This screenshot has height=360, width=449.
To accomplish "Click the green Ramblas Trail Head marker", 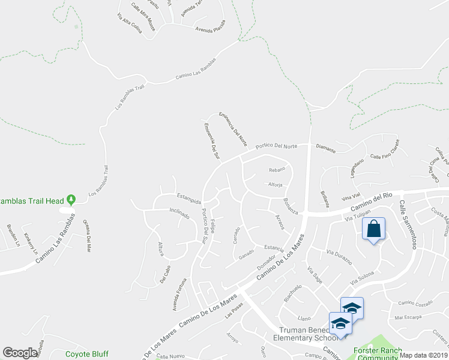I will click(71, 199).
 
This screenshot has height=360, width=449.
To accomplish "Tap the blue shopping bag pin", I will click(373, 229).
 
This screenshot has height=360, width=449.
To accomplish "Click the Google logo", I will click(20, 353).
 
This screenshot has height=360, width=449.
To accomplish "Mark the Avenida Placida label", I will click(209, 26).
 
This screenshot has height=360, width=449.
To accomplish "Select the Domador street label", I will click(265, 261).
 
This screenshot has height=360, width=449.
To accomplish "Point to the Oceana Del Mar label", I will click(88, 232).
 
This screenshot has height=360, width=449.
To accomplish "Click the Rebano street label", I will click(276, 170).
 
